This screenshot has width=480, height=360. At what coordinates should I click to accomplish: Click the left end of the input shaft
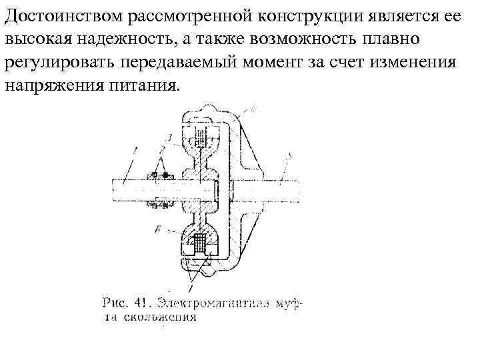point(117,191)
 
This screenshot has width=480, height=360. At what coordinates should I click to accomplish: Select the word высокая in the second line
point(35,38)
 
